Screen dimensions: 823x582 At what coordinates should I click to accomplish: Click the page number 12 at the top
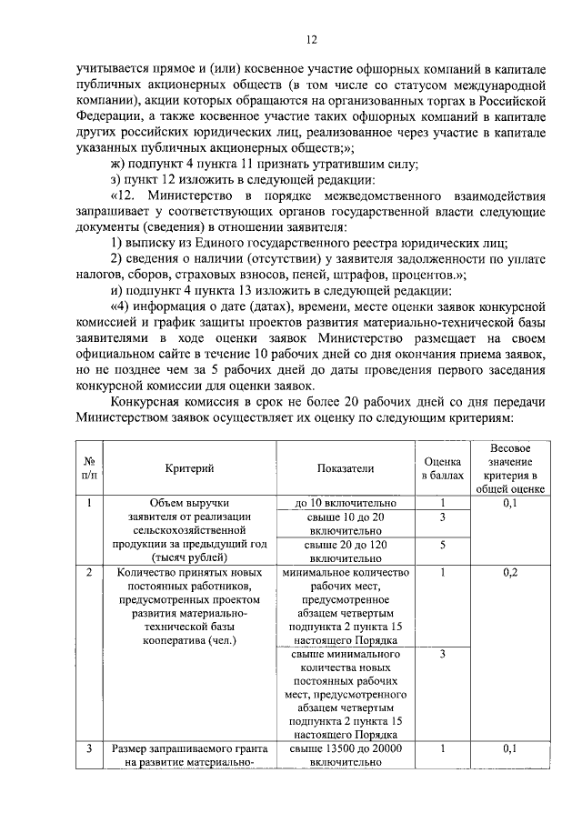[x=310, y=39]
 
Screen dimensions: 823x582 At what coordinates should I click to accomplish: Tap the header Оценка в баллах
[x=441, y=467]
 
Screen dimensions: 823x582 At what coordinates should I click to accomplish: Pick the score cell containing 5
[x=441, y=546]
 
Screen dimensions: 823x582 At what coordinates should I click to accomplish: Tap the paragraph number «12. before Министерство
[x=125, y=196]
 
